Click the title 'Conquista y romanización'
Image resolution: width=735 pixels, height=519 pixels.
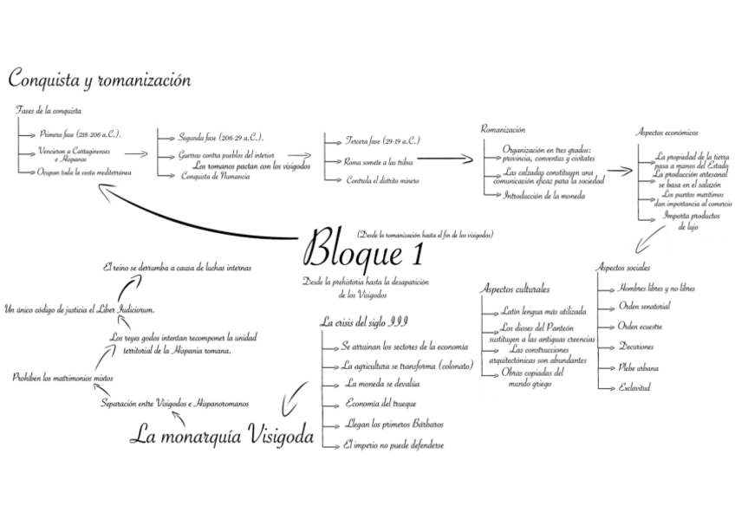(x=99, y=80)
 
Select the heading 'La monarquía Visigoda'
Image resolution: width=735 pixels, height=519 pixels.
(x=221, y=435)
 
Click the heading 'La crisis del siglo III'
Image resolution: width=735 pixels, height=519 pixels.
(x=363, y=322)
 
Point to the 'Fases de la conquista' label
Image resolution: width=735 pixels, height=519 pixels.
(x=49, y=111)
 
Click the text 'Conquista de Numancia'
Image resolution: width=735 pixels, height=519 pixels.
(x=216, y=176)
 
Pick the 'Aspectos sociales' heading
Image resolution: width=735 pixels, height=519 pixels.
(x=623, y=268)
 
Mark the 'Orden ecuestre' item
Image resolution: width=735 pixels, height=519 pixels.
(x=642, y=326)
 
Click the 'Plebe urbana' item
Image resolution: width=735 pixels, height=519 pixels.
(x=638, y=367)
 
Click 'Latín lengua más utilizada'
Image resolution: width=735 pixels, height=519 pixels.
(x=543, y=309)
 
